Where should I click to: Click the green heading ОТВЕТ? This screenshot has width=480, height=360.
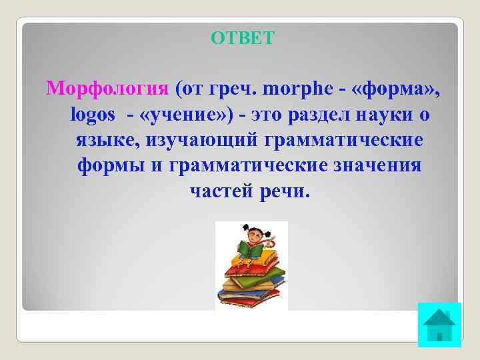click(241, 38)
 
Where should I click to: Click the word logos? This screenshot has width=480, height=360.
click(92, 115)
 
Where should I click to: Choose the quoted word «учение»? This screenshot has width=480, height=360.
click(178, 115)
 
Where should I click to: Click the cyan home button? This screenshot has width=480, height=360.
click(439, 325)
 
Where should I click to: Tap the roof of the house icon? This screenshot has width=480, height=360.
click(439, 317)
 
